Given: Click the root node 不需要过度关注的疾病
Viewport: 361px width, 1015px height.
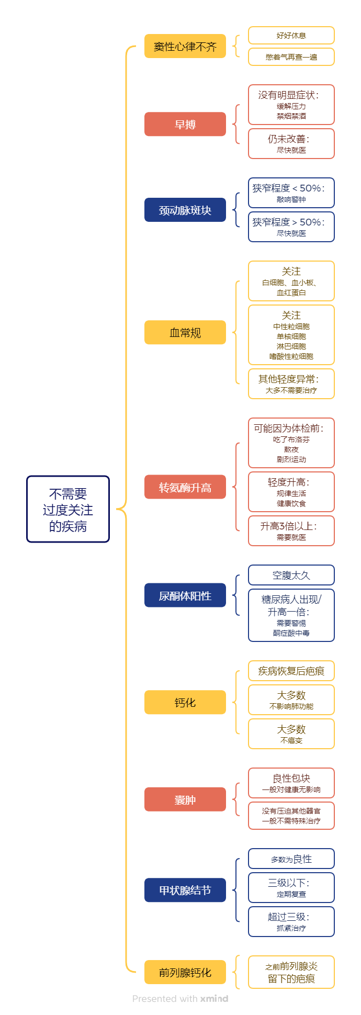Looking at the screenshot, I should [x=68, y=509].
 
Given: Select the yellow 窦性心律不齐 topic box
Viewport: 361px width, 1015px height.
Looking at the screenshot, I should [x=185, y=46].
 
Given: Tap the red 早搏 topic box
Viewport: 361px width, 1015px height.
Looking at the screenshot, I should [x=185, y=125].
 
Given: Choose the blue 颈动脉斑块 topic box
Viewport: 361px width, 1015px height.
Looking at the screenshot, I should [x=185, y=210].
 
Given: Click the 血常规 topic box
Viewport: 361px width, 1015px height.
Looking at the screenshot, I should [x=185, y=332].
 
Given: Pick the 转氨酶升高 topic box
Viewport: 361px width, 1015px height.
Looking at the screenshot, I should [x=185, y=487].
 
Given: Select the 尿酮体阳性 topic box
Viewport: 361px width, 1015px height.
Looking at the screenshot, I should [x=185, y=595].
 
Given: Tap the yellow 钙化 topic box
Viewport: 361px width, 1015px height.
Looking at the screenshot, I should [x=185, y=702].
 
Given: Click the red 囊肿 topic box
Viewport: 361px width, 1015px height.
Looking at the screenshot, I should [x=185, y=799].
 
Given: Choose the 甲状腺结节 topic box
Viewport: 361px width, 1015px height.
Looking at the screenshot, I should [x=185, y=890].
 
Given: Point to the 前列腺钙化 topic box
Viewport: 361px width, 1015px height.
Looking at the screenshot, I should [x=185, y=972].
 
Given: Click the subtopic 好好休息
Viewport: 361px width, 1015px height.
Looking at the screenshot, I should [x=291, y=36].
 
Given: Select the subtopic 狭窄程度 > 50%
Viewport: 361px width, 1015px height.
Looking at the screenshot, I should [x=291, y=227].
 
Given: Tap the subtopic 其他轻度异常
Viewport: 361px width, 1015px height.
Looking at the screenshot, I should [x=291, y=384].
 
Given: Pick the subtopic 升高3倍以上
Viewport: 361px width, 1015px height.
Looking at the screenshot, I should [x=291, y=531].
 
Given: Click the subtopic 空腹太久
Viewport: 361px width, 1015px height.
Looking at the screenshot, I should [x=291, y=575].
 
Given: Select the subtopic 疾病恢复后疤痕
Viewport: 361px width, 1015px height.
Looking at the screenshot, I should [x=291, y=671].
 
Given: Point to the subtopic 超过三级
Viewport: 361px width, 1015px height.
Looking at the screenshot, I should [x=291, y=921].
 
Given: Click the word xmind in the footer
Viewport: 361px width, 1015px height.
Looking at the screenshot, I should [x=214, y=999].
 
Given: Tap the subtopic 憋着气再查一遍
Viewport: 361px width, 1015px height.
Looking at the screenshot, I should [x=291, y=57].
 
